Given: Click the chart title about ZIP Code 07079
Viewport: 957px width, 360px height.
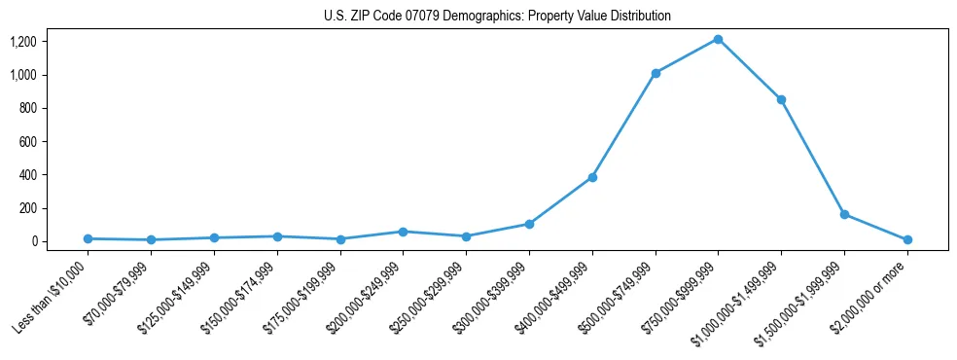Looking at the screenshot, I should coord(497,17).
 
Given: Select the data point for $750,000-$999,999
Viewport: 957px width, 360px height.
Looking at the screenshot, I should coord(718,39).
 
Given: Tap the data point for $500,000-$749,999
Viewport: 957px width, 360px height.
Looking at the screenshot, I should coord(656,73).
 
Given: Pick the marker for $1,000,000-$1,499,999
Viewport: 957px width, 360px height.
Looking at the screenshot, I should coord(781,99).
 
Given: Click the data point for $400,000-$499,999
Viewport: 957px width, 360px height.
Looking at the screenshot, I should coord(592,177).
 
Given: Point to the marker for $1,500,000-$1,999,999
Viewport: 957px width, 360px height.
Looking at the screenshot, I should coord(844,214).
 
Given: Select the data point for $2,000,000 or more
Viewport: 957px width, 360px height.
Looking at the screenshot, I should coord(907,239).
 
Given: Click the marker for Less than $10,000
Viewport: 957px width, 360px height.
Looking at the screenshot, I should coord(89,238).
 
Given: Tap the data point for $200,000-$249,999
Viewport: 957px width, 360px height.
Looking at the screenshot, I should coord(404,232).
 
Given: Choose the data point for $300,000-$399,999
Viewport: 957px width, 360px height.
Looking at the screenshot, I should coord(529,224).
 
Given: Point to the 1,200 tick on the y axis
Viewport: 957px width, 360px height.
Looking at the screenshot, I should coord(22,42).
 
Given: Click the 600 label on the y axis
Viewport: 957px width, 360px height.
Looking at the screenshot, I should coord(27,141).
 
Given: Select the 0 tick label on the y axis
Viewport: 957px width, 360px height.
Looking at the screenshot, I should coord(33,241).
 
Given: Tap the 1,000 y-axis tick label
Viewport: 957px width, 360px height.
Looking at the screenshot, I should coord(22,75).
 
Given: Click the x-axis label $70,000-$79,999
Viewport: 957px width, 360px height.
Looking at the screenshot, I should coord(121,296).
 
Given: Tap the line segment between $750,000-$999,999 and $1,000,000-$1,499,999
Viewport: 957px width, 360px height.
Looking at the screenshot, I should coord(749,69).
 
